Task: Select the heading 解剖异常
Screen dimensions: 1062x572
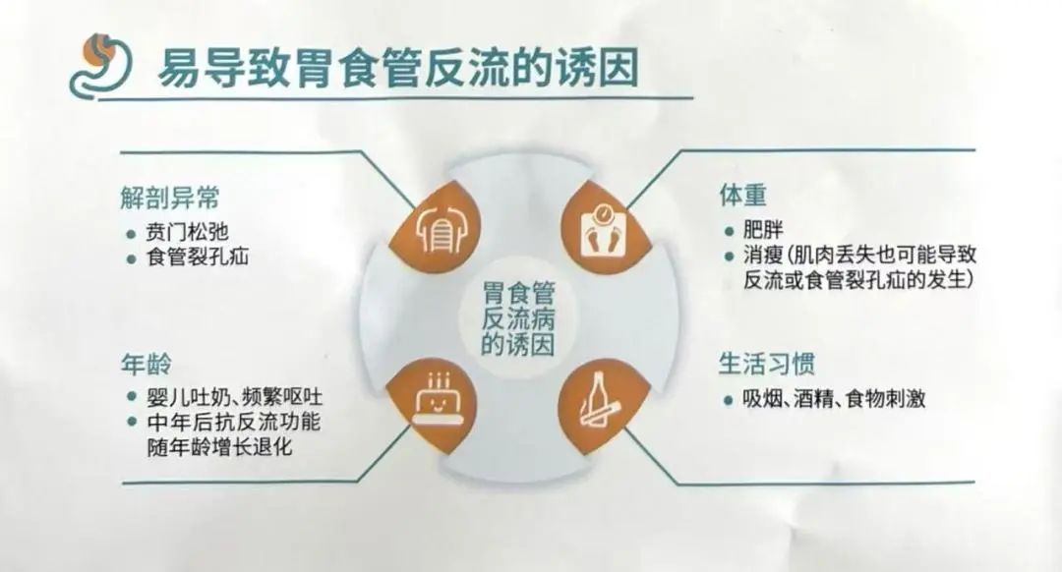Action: click(170, 198)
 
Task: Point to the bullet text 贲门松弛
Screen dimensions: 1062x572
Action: click(187, 232)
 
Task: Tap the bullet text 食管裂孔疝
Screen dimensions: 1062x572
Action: click(197, 257)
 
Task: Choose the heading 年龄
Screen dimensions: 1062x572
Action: click(146, 365)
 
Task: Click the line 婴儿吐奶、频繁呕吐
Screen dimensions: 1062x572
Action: click(234, 397)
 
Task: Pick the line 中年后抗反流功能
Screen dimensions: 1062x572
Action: click(234, 423)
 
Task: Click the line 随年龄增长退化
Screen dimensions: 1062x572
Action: click(219, 447)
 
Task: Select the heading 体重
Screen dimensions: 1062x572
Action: click(742, 195)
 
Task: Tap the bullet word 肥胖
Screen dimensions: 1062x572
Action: click(763, 230)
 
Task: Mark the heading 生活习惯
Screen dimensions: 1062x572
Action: click(766, 365)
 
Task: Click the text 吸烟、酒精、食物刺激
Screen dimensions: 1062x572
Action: click(834, 399)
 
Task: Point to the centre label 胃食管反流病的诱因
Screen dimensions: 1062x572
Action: click(518, 318)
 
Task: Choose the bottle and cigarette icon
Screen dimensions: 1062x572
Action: click(600, 401)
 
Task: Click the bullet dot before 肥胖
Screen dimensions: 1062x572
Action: click(729, 232)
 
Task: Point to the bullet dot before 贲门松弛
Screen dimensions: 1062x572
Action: click(132, 234)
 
